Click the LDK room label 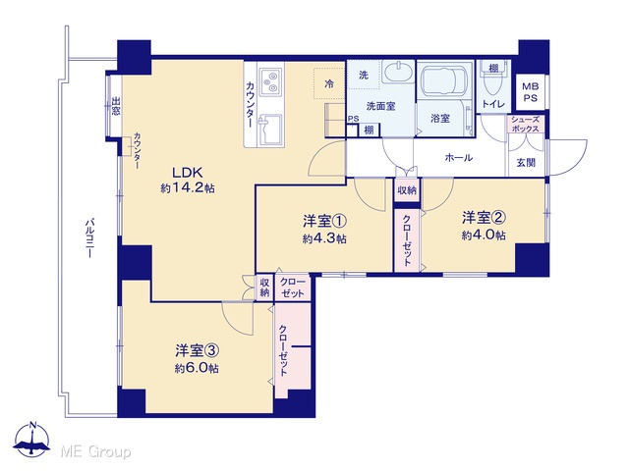coord(187,173)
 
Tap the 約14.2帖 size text coord(188,187)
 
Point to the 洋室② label coord(484,218)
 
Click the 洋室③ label coord(197,351)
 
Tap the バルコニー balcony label coord(90,237)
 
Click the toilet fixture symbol coord(493,80)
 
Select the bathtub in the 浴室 coord(444,79)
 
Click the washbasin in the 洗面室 coord(398,73)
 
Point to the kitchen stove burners coord(269,81)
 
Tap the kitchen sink coord(271,130)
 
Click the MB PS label coord(531,92)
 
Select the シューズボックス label coord(525,125)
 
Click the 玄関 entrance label coord(526,162)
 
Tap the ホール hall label coord(459,157)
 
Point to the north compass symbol coord(32,440)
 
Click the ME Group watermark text coord(95,452)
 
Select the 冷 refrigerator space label coord(329,84)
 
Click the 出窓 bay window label coord(116,106)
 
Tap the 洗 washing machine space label coord(364,75)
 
